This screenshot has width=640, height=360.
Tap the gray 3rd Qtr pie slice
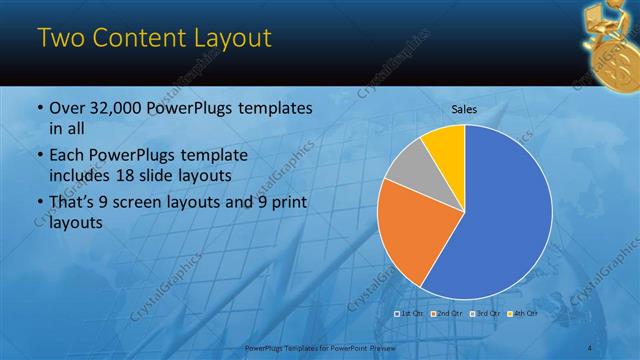point(407,171)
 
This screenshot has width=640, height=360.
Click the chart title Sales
point(464,109)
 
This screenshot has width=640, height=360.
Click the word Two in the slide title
point(59,40)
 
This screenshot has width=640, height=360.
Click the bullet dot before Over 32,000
point(39,109)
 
